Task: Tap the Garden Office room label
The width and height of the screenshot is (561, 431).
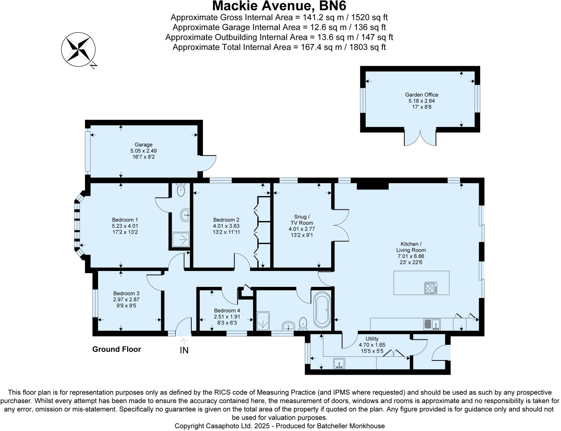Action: [422, 95]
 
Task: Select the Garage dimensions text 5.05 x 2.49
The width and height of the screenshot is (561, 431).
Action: [144, 151]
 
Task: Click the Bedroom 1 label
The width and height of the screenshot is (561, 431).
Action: [125, 220]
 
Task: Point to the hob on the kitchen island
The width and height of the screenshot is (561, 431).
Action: [431, 288]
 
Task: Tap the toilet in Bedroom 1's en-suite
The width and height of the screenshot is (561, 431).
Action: [181, 190]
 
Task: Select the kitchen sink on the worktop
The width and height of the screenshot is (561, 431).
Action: [432, 324]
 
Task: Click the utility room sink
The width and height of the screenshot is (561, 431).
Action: [339, 364]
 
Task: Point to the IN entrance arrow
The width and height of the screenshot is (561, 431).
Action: [184, 341]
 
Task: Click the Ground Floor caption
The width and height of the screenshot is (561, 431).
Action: [116, 349]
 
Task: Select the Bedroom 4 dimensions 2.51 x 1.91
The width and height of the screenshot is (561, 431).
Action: [227, 317]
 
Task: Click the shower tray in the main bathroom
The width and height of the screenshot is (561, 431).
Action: [263, 321]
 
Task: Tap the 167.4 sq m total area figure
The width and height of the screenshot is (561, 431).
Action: [321, 47]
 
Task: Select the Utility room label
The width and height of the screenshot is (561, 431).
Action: [372, 339]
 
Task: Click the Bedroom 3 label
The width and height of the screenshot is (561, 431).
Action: [126, 293]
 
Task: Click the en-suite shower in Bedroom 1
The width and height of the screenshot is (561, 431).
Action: [181, 240]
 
